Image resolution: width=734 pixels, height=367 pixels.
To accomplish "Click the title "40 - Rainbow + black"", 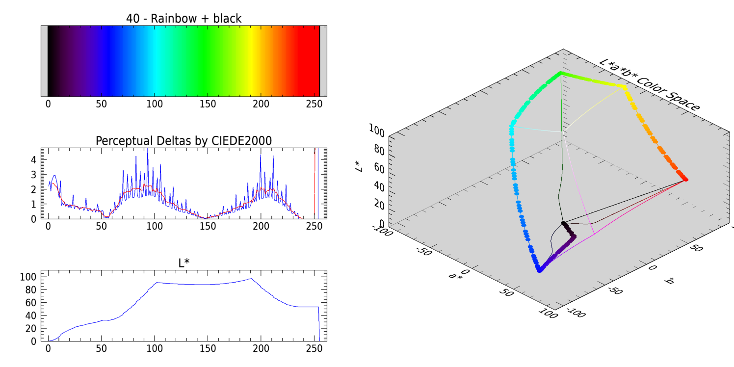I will (x=183, y=19).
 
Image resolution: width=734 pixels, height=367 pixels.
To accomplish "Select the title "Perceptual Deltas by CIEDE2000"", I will (x=183, y=141).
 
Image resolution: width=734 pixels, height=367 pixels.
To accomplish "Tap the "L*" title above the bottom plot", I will (x=183, y=263).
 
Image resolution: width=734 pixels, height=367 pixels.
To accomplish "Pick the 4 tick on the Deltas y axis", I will (x=33, y=159).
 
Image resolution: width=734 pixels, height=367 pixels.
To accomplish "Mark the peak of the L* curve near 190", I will (x=251, y=279).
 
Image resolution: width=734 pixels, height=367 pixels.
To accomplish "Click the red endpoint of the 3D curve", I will (x=685, y=180).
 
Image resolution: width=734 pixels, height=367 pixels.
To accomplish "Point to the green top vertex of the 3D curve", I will (x=560, y=74).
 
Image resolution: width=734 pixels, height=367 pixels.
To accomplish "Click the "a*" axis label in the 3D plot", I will (x=456, y=276).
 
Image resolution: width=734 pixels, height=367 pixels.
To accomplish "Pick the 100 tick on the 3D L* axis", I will (x=376, y=130).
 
